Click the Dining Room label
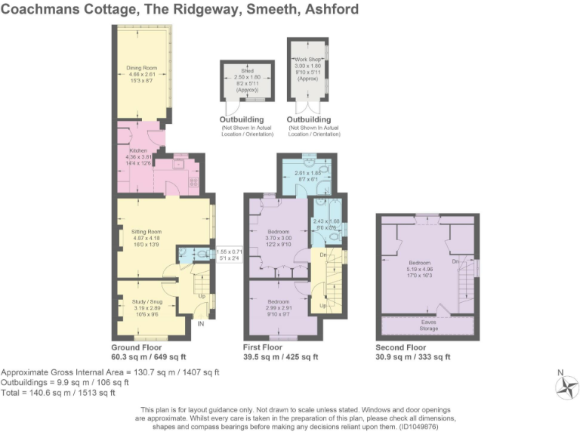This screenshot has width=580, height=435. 140,68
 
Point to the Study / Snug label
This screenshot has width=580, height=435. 143,301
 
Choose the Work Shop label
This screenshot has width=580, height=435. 307,58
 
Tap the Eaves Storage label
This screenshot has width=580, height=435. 427,323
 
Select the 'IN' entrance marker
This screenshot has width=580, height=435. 201,324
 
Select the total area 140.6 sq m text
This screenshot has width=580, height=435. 59,393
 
